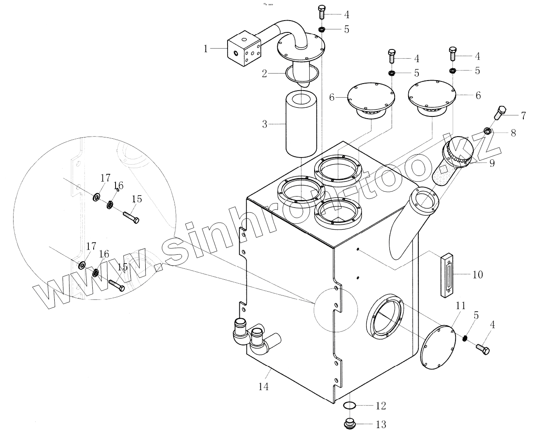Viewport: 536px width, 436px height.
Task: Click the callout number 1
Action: [206, 49]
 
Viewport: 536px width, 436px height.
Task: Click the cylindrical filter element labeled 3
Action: [301, 124]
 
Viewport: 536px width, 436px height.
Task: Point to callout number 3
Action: [264, 124]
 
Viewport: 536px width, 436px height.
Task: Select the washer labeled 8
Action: [487, 130]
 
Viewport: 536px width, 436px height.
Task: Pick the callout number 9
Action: [492, 163]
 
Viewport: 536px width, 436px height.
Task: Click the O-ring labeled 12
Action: [349, 406]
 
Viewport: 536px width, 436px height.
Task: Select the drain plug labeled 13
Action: [349, 424]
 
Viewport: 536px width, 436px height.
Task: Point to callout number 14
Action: [263, 387]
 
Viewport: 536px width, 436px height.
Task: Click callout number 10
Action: [477, 275]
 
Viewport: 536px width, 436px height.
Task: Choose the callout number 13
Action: [381, 424]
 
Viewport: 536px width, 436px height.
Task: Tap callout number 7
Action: [523, 116]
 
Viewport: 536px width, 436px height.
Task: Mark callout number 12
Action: [381, 406]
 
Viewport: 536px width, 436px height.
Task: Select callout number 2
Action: [264, 73]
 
